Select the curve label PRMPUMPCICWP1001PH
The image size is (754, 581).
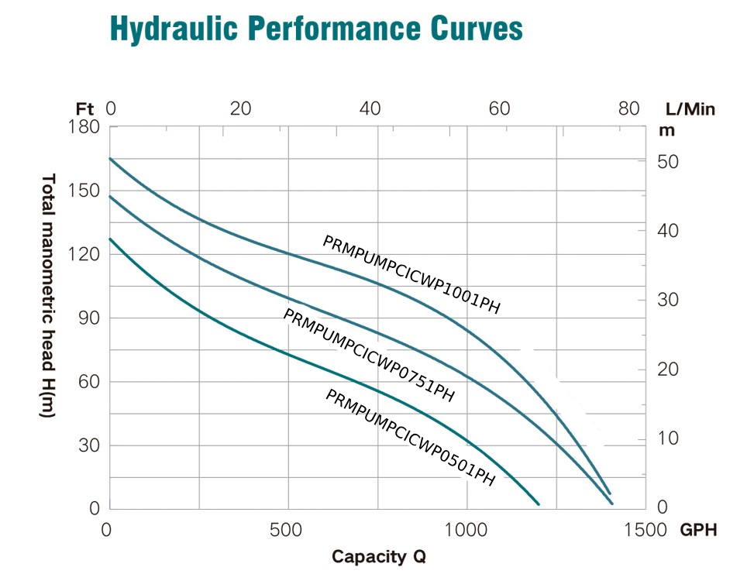point(411,275)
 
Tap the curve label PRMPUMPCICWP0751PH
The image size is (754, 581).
point(369,356)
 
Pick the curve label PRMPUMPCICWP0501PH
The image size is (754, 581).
point(410,438)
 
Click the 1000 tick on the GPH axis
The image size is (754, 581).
point(467,530)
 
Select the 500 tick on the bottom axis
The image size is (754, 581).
point(288,530)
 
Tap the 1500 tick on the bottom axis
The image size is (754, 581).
point(645,530)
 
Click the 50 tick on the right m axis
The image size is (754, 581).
point(668,162)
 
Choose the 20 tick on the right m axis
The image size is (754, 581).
point(668,370)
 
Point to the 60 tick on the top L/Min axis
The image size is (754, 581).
point(500,108)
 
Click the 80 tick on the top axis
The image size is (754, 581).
point(629,108)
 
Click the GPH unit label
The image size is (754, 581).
point(698,530)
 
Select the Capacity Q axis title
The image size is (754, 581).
point(378,556)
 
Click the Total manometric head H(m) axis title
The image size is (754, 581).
point(47,296)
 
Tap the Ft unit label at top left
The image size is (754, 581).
point(85,108)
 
